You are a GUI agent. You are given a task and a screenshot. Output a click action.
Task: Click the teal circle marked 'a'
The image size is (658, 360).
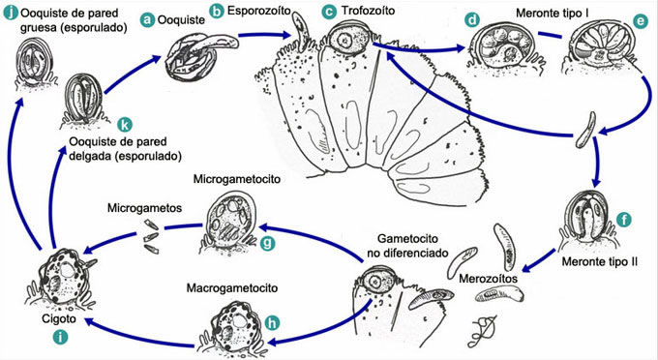point(148,18)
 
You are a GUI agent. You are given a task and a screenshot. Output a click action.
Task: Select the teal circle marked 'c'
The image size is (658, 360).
point(329,11)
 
